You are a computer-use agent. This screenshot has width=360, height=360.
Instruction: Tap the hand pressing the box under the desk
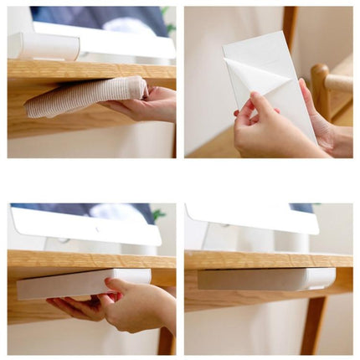pyautogui.click(x=134, y=306)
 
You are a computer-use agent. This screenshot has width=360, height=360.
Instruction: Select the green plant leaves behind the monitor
pyautogui.click(x=157, y=215)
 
